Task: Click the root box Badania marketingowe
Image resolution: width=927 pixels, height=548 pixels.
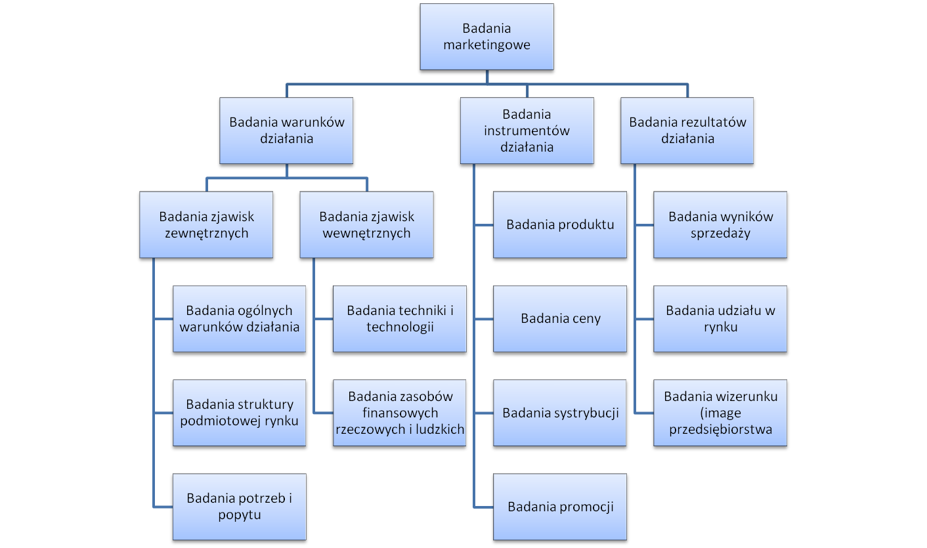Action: point(486,37)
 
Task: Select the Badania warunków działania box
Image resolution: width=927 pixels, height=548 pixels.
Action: point(286,131)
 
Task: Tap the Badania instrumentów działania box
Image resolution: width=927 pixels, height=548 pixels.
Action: point(527,131)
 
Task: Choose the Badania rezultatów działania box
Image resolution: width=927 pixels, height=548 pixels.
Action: point(687,131)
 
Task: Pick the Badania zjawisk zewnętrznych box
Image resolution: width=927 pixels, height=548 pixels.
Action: point(206,224)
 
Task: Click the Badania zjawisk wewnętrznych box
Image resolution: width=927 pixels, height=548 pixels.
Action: point(366,224)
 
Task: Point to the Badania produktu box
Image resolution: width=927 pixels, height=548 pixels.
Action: point(560,224)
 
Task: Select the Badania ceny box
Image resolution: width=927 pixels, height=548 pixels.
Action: point(560,319)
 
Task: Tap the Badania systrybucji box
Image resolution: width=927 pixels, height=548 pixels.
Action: point(560,413)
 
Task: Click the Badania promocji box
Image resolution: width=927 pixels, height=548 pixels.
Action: point(560,507)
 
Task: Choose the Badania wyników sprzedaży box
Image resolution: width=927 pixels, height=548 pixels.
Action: point(720,224)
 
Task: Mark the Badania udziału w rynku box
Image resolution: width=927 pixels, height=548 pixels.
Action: point(720,319)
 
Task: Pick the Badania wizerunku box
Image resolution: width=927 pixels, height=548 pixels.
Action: point(720,413)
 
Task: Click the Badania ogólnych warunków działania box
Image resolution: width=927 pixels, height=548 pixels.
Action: point(240,319)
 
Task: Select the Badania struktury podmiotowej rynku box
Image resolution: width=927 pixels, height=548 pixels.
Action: point(240,413)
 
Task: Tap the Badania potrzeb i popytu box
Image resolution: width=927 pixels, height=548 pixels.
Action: point(240,507)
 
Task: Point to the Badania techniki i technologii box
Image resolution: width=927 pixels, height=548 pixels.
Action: point(400,319)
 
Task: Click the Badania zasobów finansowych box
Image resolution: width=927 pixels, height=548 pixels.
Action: point(400,413)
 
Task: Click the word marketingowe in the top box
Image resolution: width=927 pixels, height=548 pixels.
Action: point(486,45)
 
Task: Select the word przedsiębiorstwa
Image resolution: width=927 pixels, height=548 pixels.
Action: point(720,430)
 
